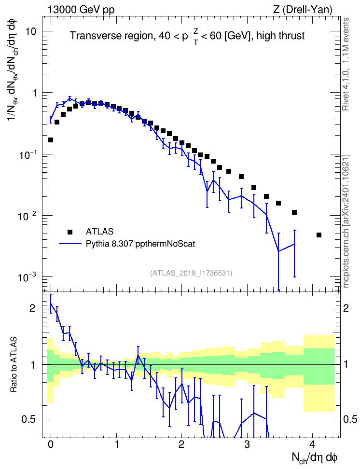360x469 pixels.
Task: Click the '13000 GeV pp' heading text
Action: [x=81, y=10]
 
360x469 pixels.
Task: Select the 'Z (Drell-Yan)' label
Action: [x=303, y=10]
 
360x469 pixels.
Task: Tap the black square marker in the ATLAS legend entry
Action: [x=70, y=232]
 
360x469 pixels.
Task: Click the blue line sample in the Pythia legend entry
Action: [x=70, y=244]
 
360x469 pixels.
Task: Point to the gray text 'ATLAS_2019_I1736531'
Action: [x=191, y=273]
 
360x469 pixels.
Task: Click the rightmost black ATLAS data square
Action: [x=318, y=235]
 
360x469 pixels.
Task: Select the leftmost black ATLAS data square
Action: [x=51, y=140]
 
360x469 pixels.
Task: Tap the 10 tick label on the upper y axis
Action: [x=31, y=31]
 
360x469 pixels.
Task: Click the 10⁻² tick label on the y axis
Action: [x=26, y=216]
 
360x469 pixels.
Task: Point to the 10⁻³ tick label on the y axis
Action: [x=26, y=277]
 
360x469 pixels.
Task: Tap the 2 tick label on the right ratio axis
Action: [x=346, y=308]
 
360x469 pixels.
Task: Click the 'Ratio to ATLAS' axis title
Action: [x=14, y=365]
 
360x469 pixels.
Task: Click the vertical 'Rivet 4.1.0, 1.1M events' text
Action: [x=346, y=64]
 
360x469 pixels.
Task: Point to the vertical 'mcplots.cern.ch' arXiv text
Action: [x=346, y=221]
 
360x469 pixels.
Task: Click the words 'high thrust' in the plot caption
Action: [x=280, y=36]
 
